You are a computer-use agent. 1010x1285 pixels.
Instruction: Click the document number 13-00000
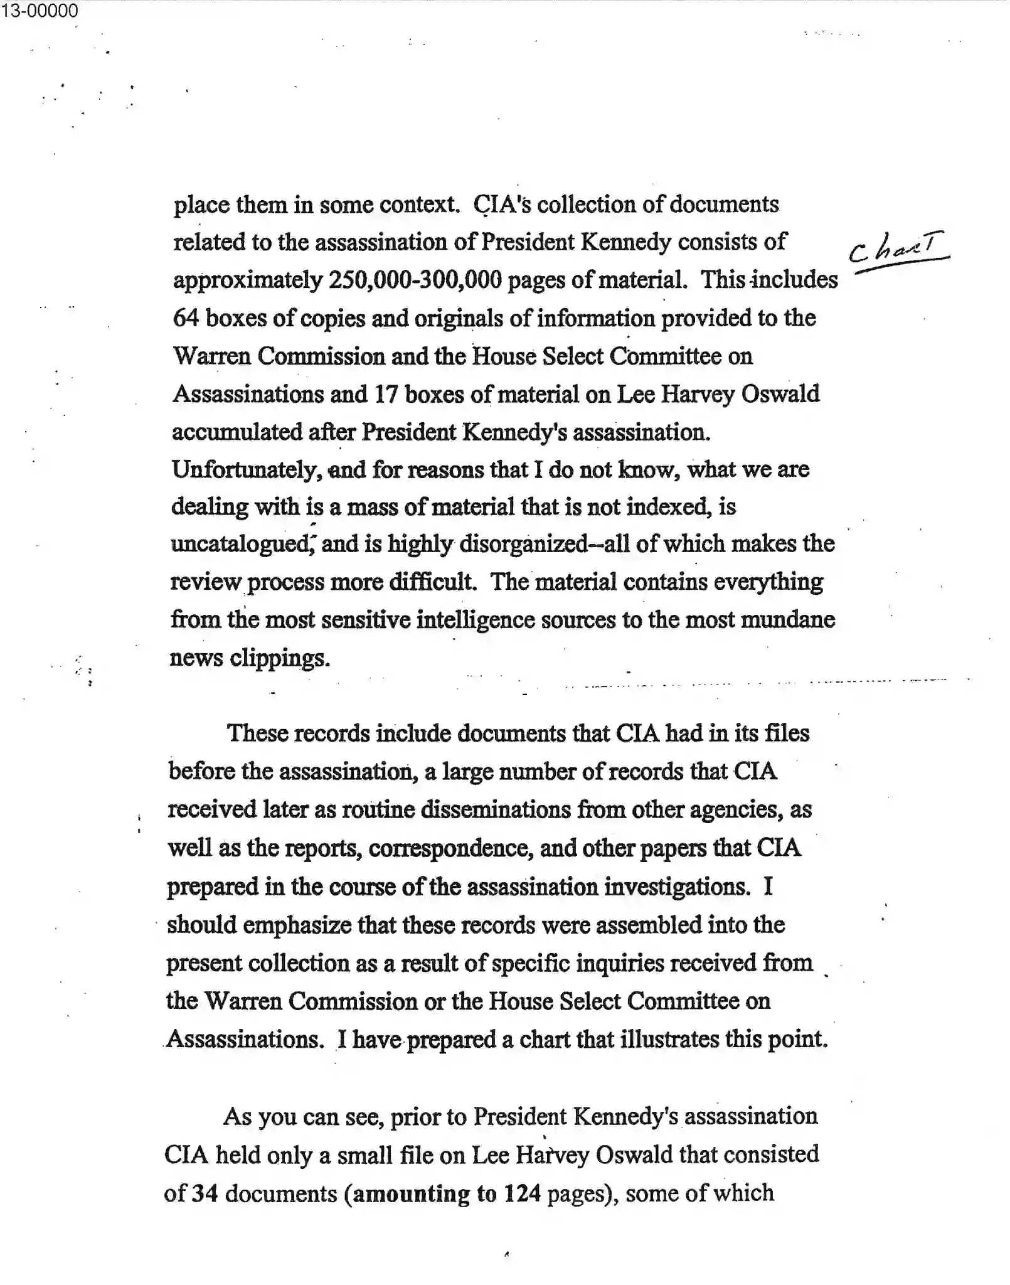coord(39,11)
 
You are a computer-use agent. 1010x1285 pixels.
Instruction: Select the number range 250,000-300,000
coord(415,280)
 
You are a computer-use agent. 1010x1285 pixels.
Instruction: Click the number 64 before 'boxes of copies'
coord(186,318)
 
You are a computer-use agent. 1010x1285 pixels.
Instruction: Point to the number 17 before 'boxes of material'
coord(386,394)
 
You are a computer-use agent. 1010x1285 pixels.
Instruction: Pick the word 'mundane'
coord(788,620)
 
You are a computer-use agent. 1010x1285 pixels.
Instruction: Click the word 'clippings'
coord(279,658)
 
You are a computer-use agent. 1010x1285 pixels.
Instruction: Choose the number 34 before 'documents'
coord(205,1193)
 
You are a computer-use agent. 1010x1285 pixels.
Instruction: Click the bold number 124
coord(522,1193)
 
